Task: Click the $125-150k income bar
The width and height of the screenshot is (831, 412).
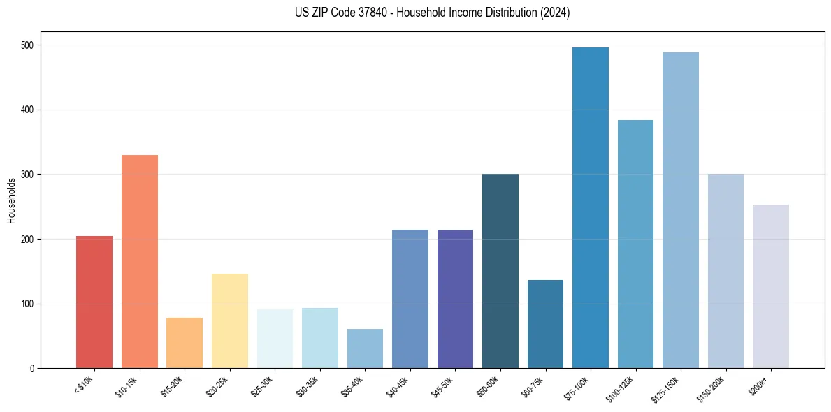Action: pos(681,210)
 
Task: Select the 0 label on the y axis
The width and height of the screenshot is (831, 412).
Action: pos(34,369)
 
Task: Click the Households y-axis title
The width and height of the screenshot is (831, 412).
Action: pos(11,200)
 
